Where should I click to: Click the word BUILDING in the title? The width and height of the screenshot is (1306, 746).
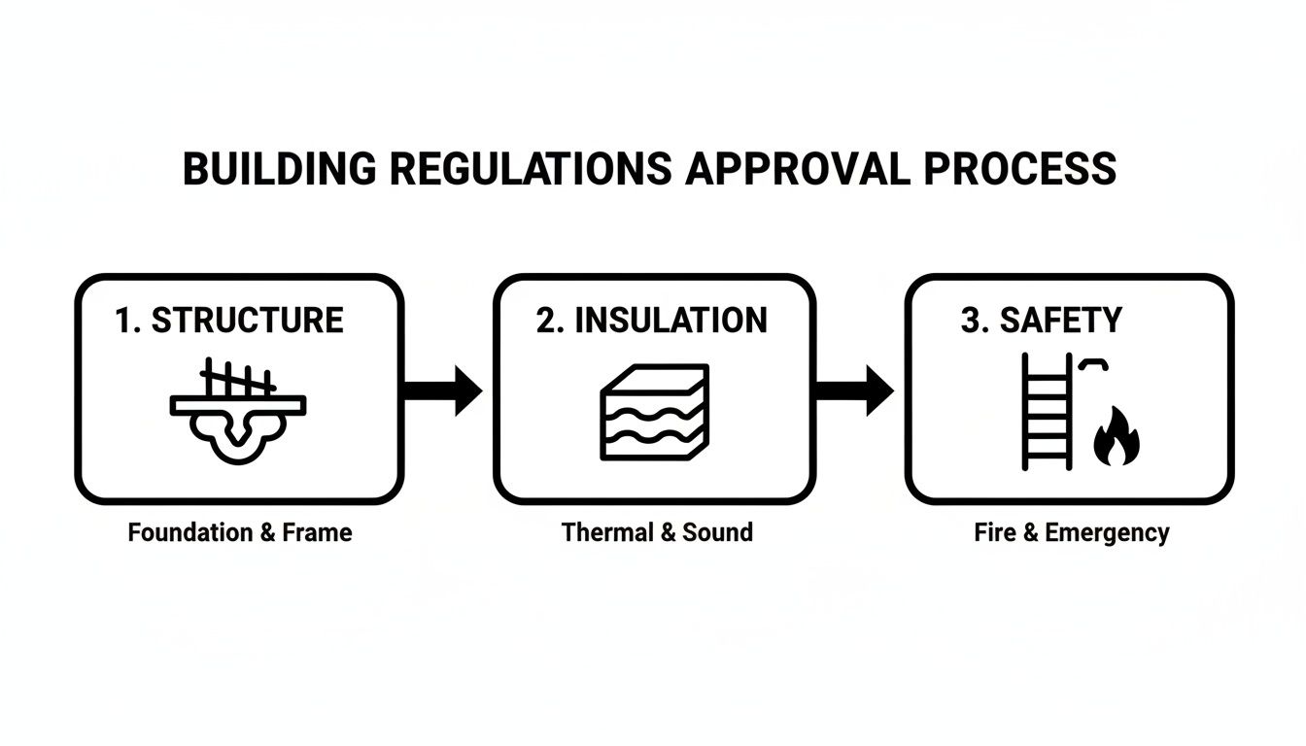[278, 168]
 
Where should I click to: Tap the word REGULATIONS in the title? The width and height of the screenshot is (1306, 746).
[530, 168]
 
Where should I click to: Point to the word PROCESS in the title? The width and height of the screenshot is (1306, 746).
[1019, 168]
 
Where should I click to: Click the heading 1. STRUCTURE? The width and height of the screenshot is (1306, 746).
[228, 321]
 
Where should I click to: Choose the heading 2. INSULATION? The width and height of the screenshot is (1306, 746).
[651, 321]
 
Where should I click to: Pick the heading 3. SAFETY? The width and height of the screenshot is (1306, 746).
[1041, 321]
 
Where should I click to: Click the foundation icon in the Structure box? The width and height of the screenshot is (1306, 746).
[238, 412]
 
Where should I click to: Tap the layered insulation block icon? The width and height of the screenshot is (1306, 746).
[655, 412]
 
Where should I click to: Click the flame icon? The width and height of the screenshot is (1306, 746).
[1117, 439]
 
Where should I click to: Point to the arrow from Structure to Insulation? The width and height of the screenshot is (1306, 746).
[442, 391]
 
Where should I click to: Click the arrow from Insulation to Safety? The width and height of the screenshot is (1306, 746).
[853, 391]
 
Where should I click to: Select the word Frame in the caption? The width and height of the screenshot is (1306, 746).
[317, 532]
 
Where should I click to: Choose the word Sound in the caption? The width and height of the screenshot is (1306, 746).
[717, 532]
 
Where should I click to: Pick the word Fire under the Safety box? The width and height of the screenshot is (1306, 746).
[994, 532]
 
